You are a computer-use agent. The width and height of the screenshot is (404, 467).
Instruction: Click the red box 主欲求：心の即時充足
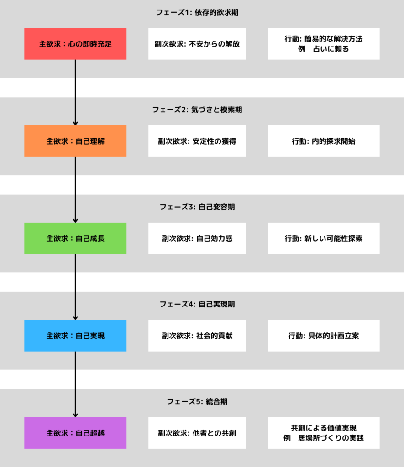pyautogui.click(x=75, y=44)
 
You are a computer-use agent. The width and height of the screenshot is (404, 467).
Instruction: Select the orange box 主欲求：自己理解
pyautogui.click(x=75, y=141)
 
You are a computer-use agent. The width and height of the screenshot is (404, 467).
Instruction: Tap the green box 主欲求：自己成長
pyautogui.click(x=75, y=238)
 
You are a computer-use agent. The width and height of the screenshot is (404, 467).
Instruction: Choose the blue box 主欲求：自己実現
pyautogui.click(x=75, y=336)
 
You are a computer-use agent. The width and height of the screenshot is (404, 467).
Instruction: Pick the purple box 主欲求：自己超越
pyautogui.click(x=75, y=433)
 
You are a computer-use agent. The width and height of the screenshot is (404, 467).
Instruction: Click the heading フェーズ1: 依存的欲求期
pyautogui.click(x=197, y=12)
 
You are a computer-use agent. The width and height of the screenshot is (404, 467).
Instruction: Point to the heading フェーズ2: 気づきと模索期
pyautogui.click(x=197, y=109)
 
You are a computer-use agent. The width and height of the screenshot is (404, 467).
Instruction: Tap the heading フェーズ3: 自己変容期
pyautogui.click(x=197, y=207)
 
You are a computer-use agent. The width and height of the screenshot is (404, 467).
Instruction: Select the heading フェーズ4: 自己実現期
pyautogui.click(x=197, y=304)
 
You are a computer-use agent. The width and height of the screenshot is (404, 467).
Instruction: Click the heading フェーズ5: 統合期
pyautogui.click(x=197, y=401)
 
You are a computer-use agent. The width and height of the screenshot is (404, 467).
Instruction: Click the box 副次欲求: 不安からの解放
pyautogui.click(x=197, y=44)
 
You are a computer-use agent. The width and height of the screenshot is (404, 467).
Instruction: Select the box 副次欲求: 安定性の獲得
pyautogui.click(x=197, y=141)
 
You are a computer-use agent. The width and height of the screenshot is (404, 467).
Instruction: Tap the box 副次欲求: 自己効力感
pyautogui.click(x=197, y=238)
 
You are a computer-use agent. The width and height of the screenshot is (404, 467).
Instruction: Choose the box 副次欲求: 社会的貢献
pyautogui.click(x=197, y=336)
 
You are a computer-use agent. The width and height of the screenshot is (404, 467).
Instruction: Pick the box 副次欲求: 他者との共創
pyautogui.click(x=197, y=433)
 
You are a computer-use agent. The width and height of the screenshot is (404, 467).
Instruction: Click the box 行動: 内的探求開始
pyautogui.click(x=324, y=141)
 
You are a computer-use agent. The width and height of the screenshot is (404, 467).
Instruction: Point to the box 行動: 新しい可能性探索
pyautogui.click(x=324, y=238)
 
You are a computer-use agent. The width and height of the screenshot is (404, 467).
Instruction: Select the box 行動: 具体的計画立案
pyautogui.click(x=324, y=336)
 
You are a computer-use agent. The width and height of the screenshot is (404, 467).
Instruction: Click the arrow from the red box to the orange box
pyautogui.click(x=75, y=92)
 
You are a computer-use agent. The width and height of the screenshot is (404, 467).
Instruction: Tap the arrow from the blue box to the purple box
pyautogui.click(x=75, y=384)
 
